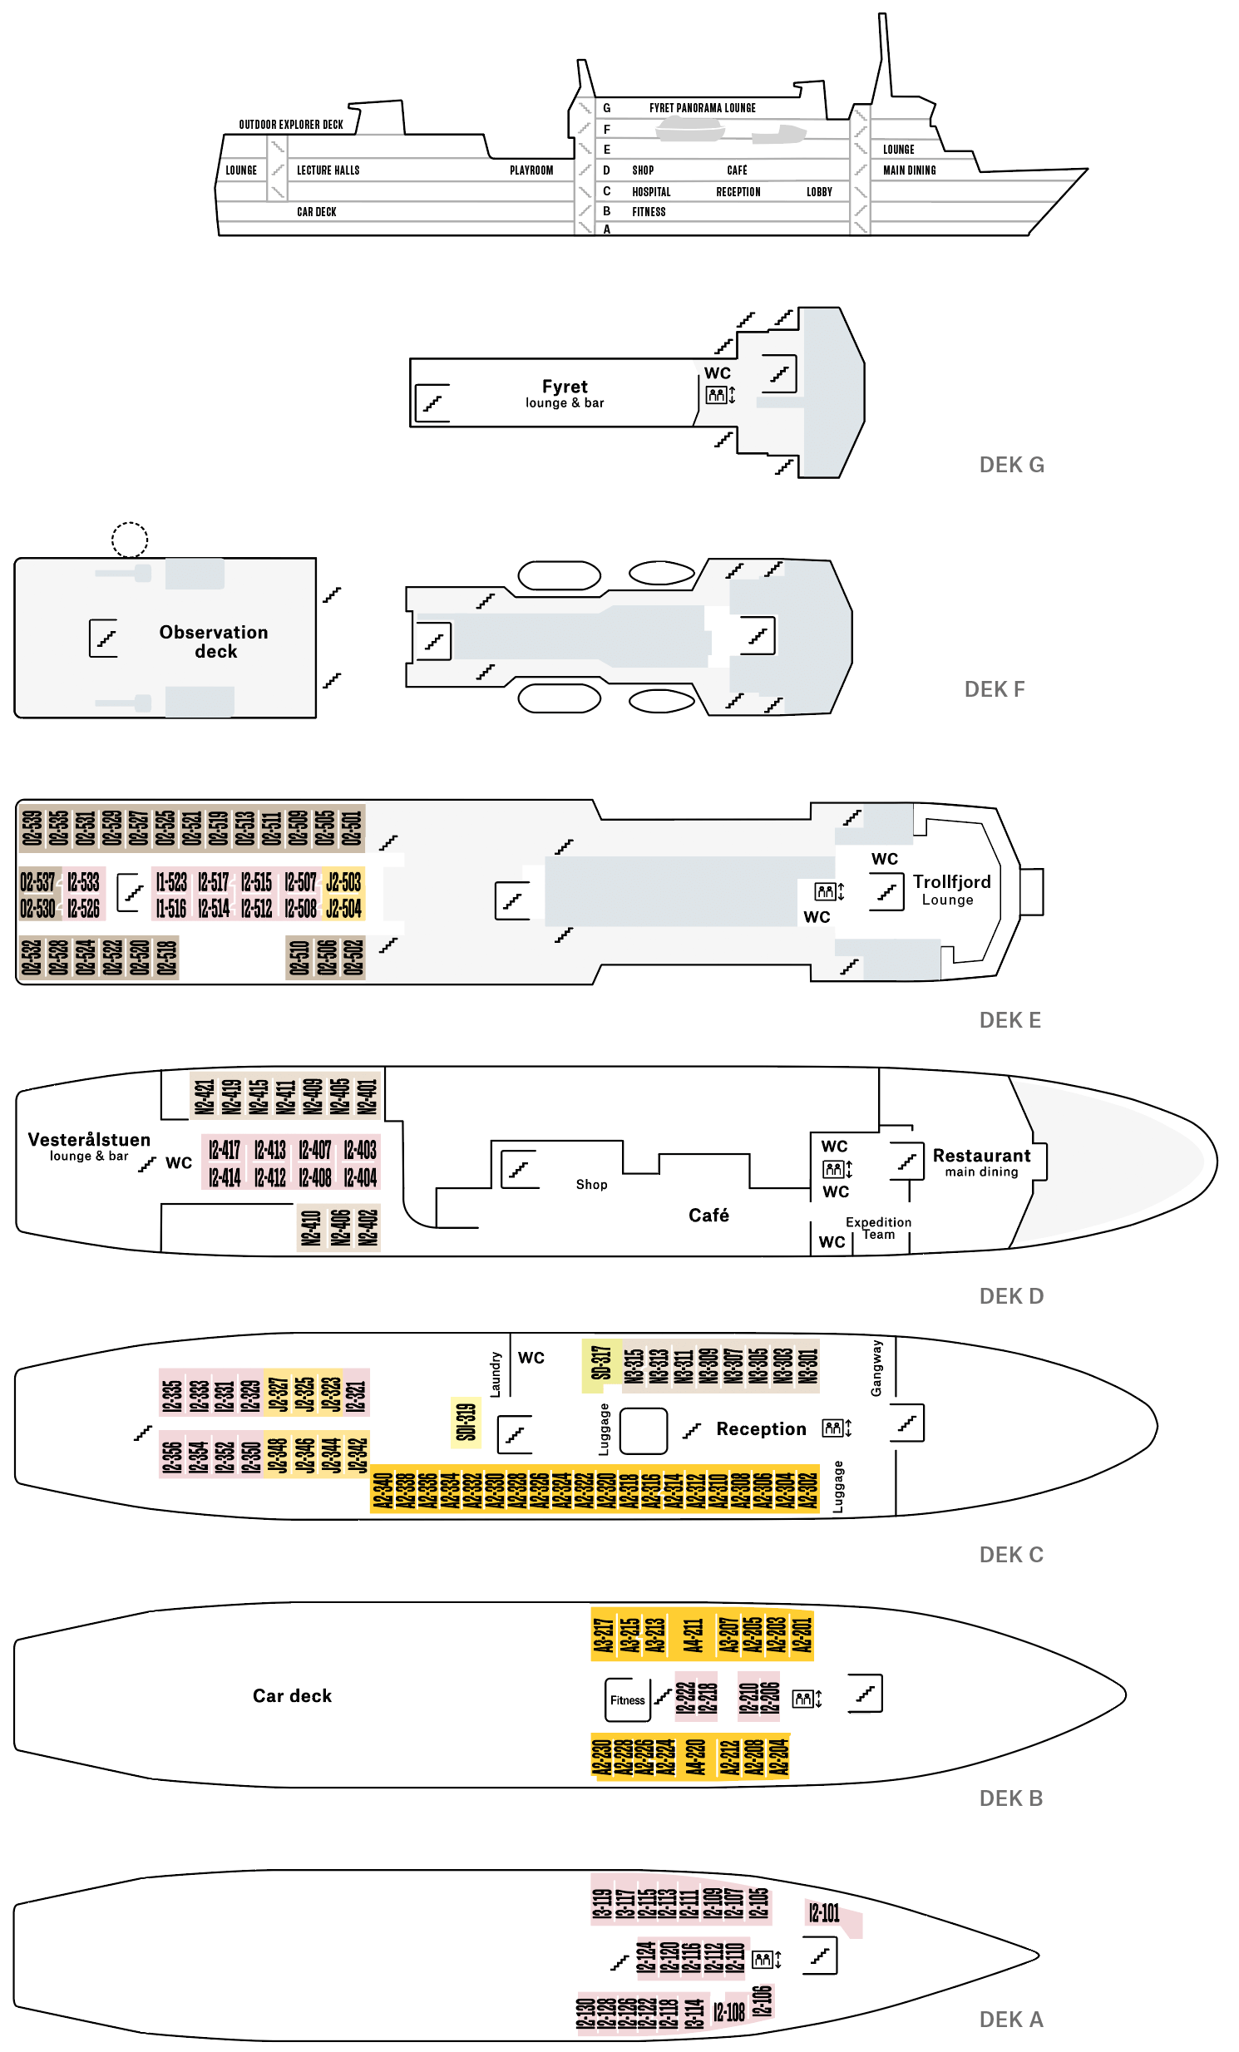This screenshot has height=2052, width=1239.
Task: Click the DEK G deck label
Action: click(1011, 465)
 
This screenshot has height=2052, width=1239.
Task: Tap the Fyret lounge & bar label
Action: click(565, 393)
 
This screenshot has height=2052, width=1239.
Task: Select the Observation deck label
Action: click(214, 641)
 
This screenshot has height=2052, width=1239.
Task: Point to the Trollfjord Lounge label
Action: click(951, 889)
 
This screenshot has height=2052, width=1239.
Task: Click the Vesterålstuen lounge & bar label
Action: click(89, 1146)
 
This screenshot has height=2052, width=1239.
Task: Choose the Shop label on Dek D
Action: click(591, 1184)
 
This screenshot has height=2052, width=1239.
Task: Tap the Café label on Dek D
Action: click(708, 1215)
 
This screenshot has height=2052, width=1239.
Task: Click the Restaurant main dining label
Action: click(981, 1162)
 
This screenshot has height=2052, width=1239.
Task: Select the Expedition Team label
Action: click(878, 1227)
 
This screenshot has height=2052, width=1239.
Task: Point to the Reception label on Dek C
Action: click(761, 1429)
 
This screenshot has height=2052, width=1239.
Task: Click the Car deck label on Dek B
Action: click(292, 1695)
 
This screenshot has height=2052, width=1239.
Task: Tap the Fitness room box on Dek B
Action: click(627, 1699)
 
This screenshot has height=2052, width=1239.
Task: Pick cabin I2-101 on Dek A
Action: click(823, 1912)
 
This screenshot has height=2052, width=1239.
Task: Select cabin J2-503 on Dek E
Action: click(343, 882)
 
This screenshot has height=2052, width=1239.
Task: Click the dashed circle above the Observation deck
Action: click(130, 540)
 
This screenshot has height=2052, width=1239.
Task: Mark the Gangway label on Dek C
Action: click(876, 1369)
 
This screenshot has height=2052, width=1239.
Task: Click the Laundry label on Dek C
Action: click(496, 1374)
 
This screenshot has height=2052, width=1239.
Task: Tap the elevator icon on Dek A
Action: click(763, 1959)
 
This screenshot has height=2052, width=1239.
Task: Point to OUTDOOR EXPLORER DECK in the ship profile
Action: click(290, 125)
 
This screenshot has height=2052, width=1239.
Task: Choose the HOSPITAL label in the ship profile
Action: click(651, 191)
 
